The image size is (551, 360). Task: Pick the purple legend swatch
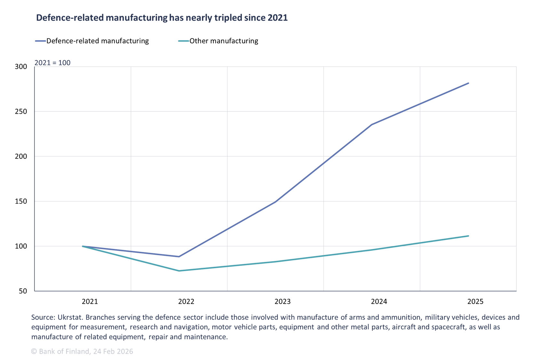pos(41,41)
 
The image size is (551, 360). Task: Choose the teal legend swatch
pos(184,41)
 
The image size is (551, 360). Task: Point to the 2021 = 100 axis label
pos(52,63)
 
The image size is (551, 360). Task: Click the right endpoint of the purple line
pos(468,83)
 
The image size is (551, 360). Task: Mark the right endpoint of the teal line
pos(468,236)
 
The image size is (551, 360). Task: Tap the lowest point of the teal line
pos(179,271)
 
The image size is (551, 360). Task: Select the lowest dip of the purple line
pos(179,257)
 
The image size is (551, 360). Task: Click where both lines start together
pos(83,246)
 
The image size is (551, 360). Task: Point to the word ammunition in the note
pos(403,317)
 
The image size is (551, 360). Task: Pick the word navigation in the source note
pos(191,327)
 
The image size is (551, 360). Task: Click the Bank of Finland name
pos(64,351)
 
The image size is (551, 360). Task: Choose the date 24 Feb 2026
pos(113,351)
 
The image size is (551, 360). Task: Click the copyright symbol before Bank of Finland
pos(34,351)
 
